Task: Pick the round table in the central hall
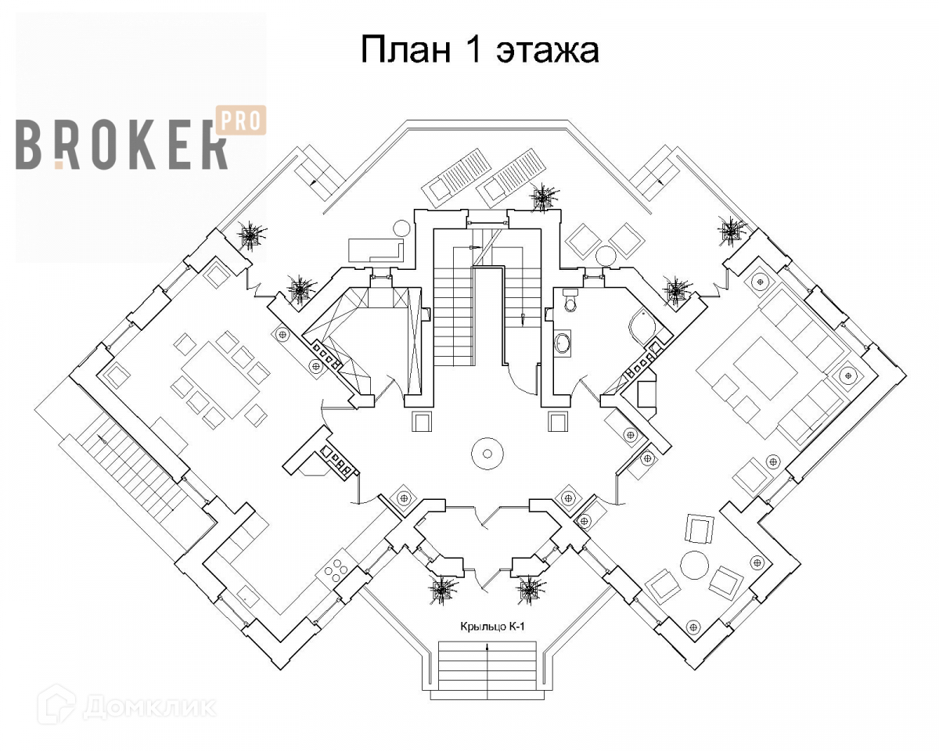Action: coord(487,452)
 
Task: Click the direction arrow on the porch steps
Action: coord(487,648)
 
